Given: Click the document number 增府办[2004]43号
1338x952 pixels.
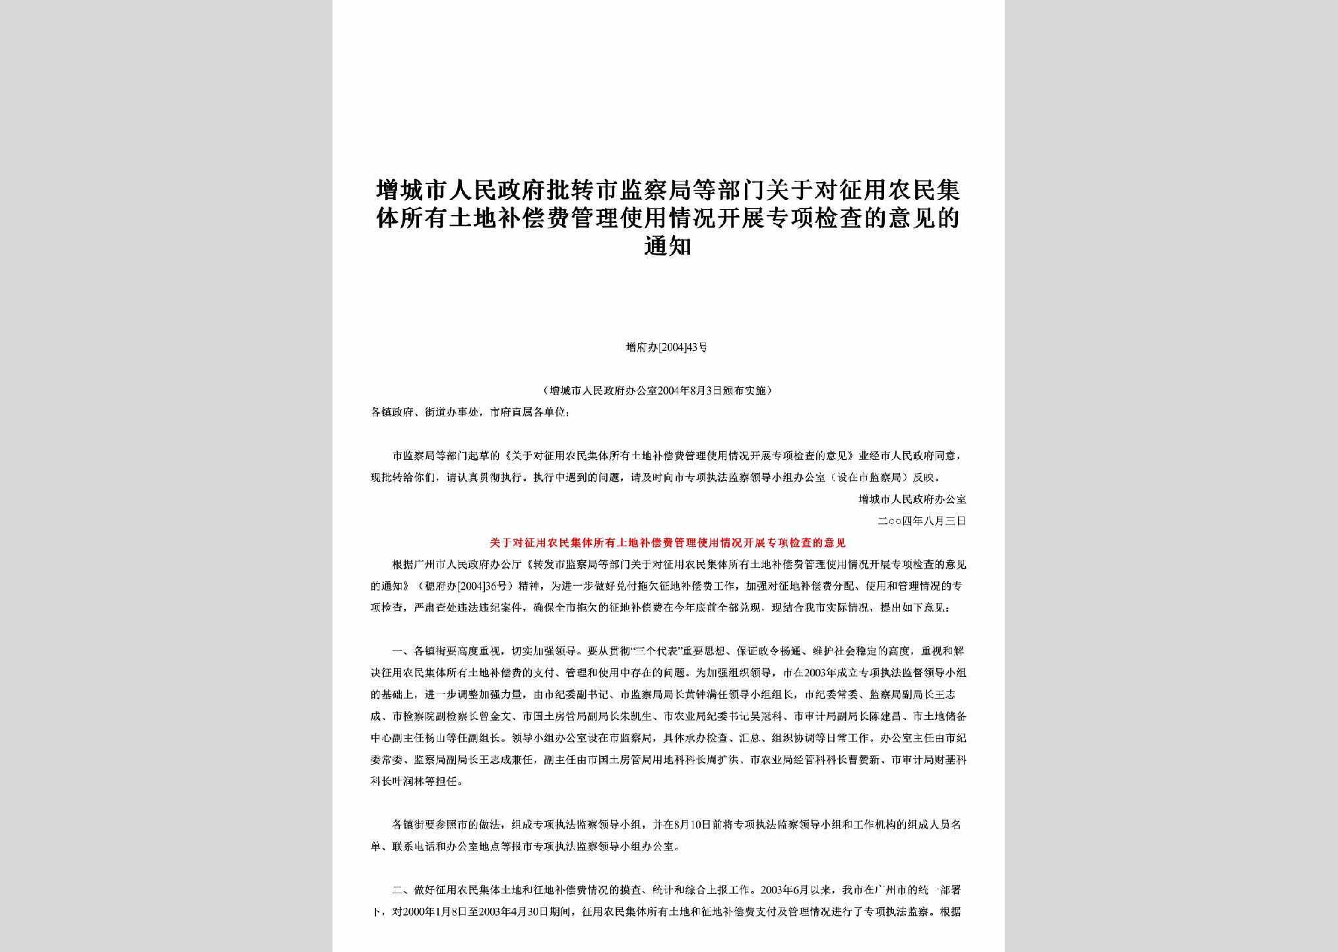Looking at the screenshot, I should [x=667, y=347].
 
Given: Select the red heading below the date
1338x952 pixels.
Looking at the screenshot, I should [x=667, y=543].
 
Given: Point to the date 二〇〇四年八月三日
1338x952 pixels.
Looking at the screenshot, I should [x=922, y=521].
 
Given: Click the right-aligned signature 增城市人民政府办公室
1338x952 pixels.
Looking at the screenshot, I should [x=912, y=499].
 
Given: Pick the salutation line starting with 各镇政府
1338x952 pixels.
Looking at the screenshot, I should [x=469, y=412].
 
